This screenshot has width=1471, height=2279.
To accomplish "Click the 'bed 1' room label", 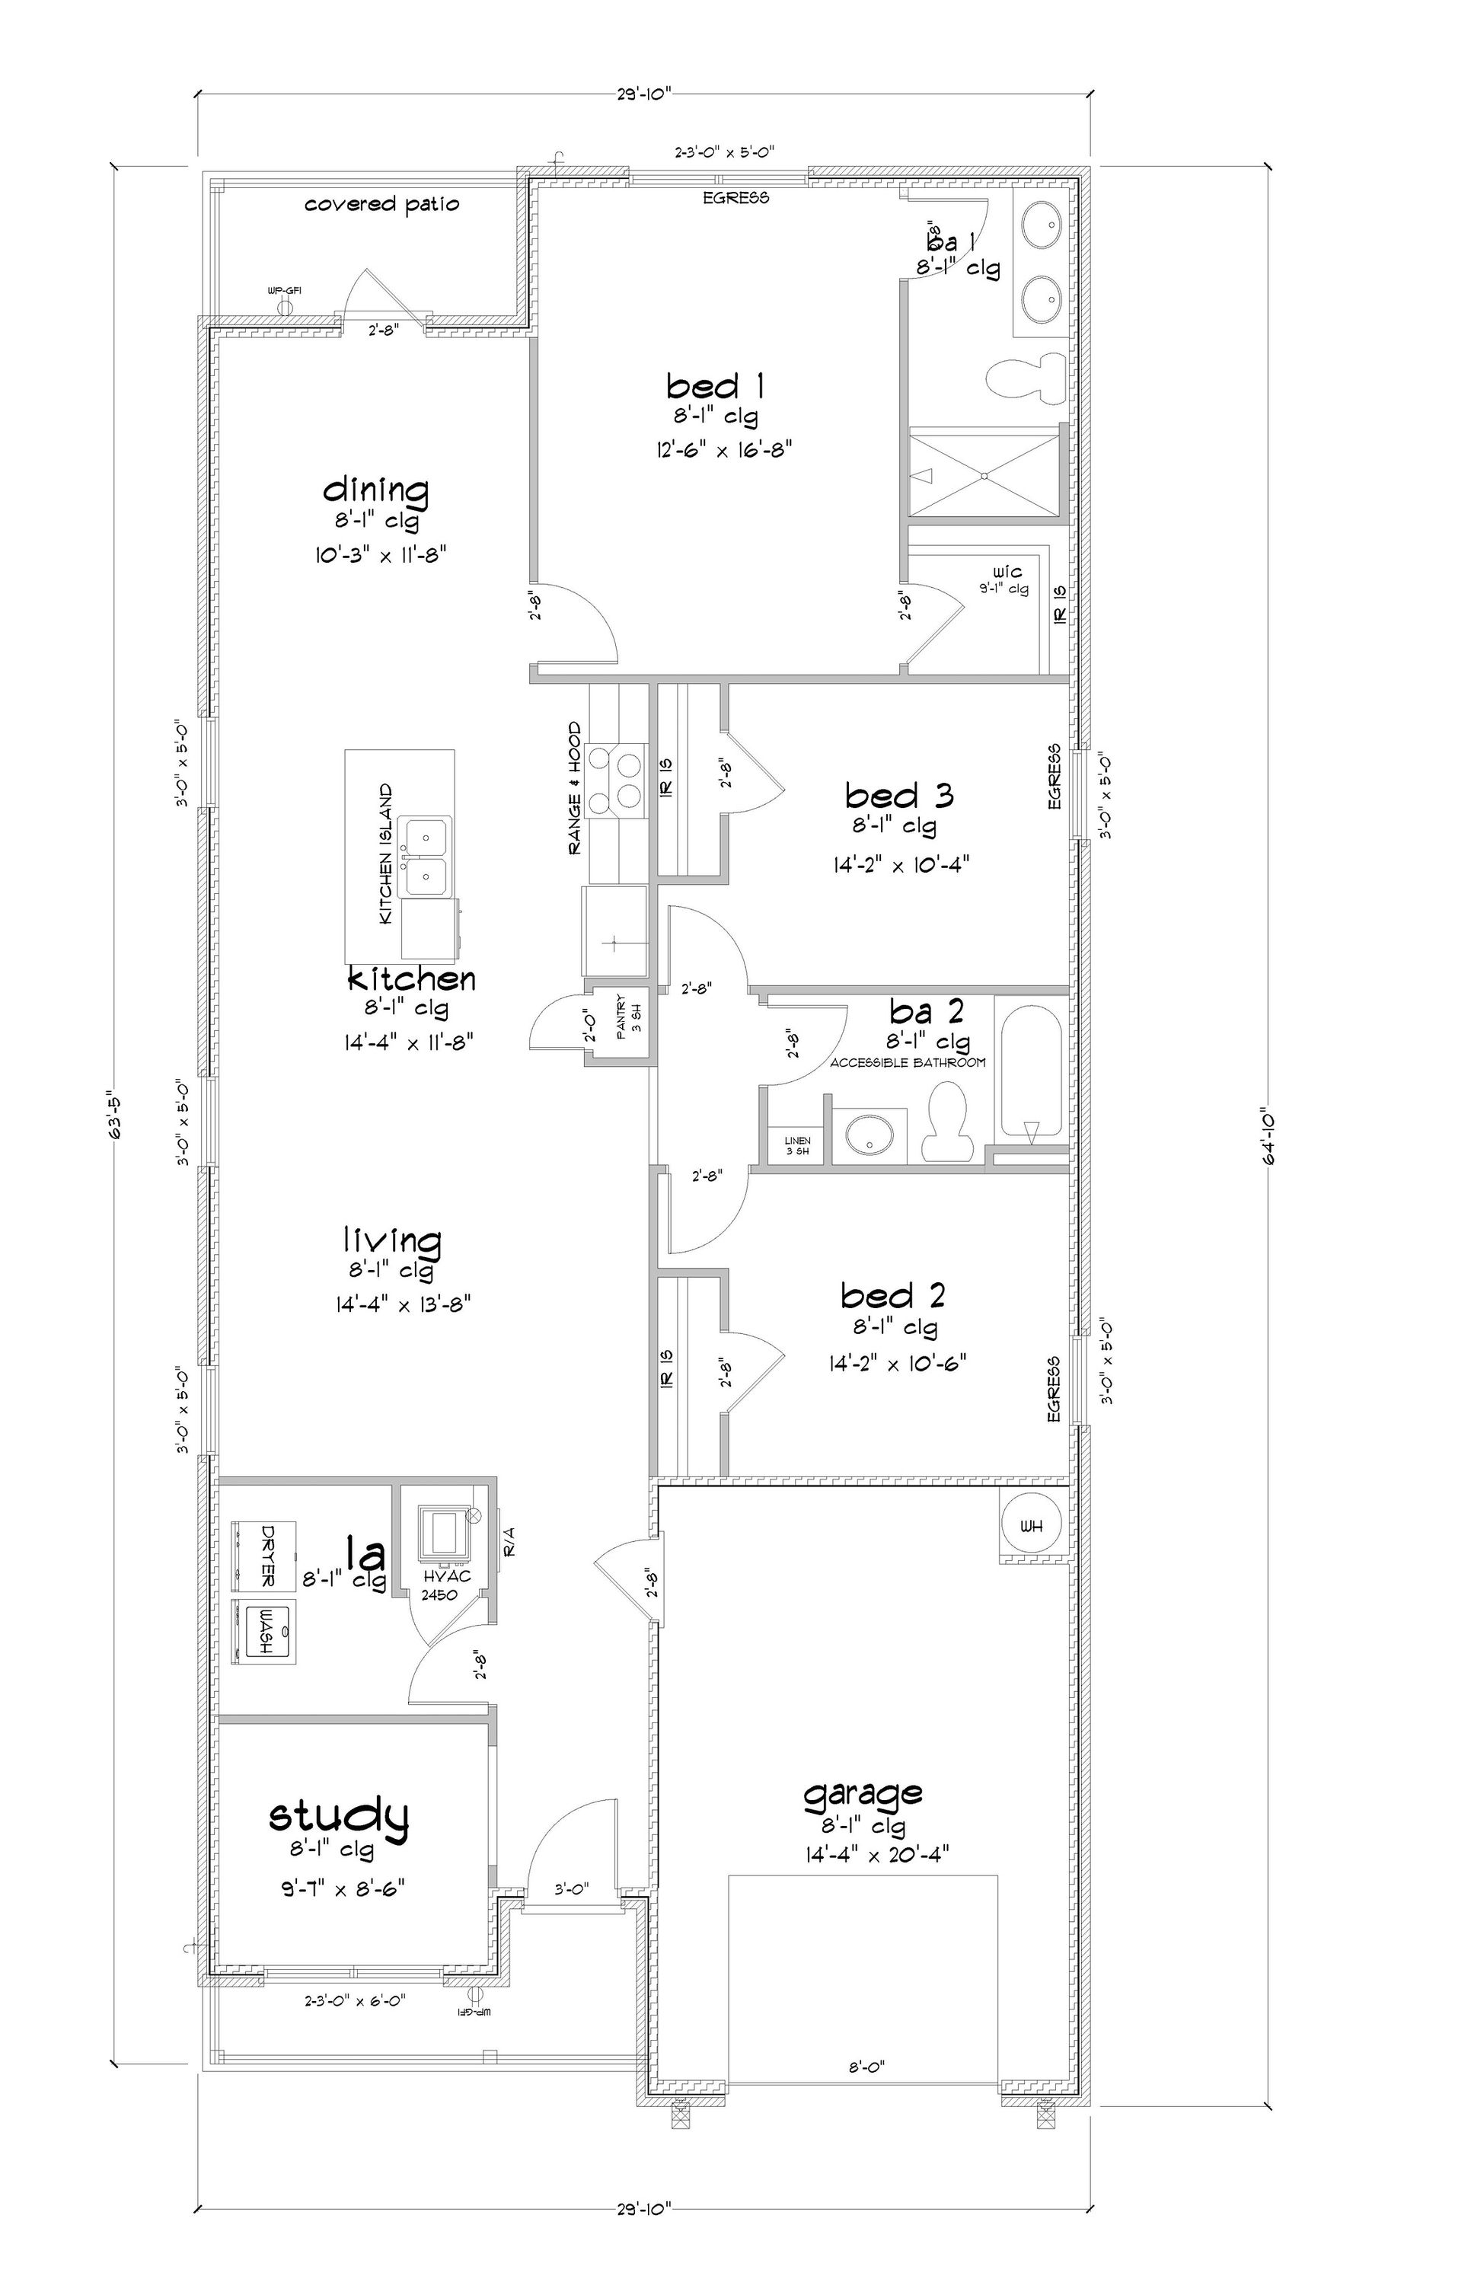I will (714, 387).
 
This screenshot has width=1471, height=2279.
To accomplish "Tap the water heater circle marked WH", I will (1031, 1527).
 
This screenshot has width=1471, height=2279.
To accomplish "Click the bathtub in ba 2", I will (1029, 1068).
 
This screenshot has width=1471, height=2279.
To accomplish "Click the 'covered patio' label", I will (381, 204).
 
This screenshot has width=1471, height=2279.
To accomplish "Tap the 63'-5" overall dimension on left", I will (117, 1116).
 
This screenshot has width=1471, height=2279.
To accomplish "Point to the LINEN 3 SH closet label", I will (796, 1145).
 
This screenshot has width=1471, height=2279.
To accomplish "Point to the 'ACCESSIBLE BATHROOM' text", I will (907, 1062).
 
